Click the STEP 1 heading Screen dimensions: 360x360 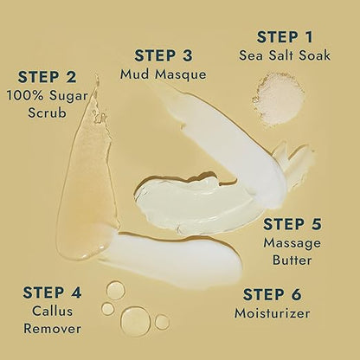point(285,37)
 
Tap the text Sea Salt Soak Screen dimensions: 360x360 point(285,56)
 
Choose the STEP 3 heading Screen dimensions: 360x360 point(169,55)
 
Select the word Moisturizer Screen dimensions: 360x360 point(271,312)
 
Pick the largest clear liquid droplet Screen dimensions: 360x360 point(134,318)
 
